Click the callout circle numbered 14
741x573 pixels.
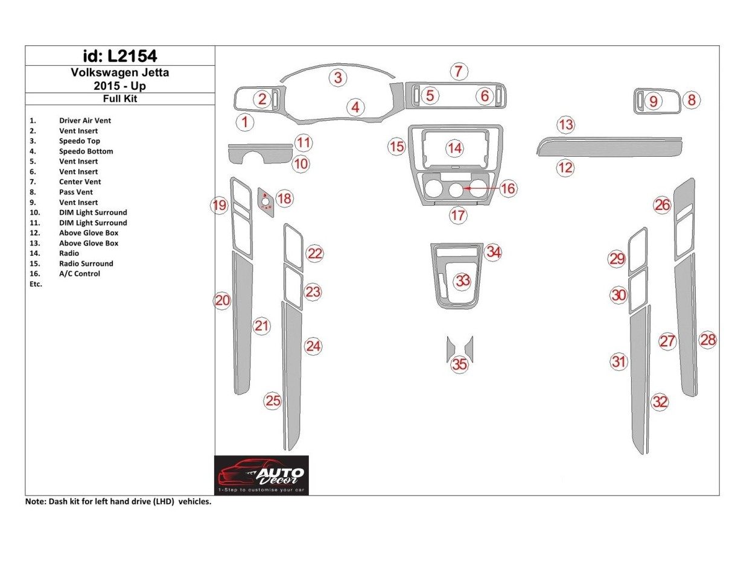[454, 148]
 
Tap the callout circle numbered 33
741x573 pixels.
[463, 280]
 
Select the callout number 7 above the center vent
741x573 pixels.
[459, 71]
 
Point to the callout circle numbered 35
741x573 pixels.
[460, 364]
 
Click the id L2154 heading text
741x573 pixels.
[120, 56]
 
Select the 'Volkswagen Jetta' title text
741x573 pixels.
[120, 73]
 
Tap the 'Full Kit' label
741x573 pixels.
[120, 98]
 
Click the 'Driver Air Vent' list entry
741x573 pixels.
[85, 121]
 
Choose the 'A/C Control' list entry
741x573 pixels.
[80, 274]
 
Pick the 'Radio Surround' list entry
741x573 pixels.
[86, 264]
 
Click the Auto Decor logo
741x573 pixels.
[262, 475]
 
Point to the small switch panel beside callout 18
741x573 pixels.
[266, 201]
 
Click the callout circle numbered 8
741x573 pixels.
[692, 100]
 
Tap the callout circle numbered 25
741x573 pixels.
[273, 401]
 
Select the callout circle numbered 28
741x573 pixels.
[708, 340]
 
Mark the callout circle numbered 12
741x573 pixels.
[565, 168]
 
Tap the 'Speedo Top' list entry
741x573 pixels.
[80, 141]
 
